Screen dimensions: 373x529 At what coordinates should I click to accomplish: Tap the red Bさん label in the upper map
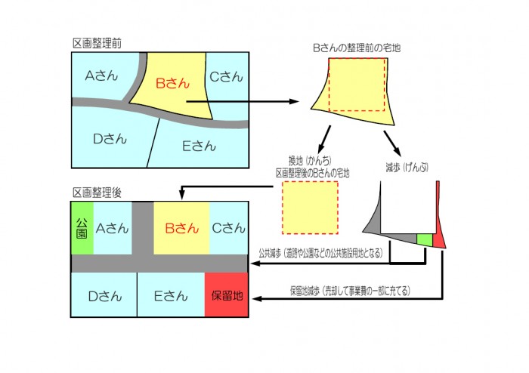(172, 83)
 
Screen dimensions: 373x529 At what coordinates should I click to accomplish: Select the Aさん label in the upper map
(99, 76)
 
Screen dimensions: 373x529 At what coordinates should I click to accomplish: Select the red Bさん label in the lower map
(181, 227)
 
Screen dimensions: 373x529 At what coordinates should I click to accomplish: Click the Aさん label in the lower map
(110, 227)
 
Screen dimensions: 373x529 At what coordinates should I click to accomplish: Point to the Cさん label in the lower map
(227, 227)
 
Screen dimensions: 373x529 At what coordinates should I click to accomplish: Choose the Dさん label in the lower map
(104, 296)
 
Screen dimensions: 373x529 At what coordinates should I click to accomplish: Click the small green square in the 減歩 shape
(425, 239)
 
